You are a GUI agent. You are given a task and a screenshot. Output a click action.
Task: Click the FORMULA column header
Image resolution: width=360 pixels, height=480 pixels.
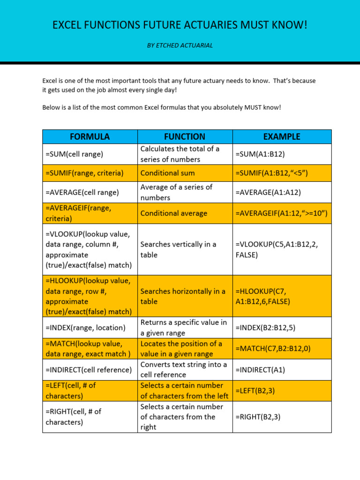click(90, 136)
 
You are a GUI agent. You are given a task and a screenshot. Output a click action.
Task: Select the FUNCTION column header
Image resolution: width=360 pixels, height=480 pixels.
click(185, 136)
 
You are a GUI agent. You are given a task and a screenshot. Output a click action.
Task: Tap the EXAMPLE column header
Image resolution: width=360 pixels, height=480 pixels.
click(282, 136)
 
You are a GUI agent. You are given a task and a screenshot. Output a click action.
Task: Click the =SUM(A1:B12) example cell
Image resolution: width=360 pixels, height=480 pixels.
click(260, 154)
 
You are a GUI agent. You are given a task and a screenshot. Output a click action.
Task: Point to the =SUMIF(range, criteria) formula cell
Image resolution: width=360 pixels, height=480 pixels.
click(84, 173)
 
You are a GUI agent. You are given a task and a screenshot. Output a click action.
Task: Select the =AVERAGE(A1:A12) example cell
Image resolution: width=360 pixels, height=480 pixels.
click(268, 192)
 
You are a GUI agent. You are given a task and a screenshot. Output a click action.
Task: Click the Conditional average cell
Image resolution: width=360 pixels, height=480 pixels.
click(173, 213)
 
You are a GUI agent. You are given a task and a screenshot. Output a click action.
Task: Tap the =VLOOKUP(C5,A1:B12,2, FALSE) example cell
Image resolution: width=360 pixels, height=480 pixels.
click(277, 249)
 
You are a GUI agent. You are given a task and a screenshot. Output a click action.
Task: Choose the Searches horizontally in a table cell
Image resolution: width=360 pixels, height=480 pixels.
click(183, 296)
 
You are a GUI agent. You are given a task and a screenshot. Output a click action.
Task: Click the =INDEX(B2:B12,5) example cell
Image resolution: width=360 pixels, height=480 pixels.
click(265, 328)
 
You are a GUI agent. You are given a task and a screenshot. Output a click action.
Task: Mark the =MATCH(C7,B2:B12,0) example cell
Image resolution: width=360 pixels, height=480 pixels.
click(273, 349)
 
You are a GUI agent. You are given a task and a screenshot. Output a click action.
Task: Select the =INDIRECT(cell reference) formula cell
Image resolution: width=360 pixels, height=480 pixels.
click(89, 370)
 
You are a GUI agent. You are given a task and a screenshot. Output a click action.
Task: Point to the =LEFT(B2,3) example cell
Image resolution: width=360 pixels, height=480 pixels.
click(255, 390)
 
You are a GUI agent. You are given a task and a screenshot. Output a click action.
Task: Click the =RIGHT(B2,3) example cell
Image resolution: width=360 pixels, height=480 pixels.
click(258, 417)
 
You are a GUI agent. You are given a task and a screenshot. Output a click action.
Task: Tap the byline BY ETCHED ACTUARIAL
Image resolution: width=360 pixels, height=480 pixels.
click(180, 45)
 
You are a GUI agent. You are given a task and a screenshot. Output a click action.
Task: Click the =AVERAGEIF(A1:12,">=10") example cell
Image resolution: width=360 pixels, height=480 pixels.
click(281, 213)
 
